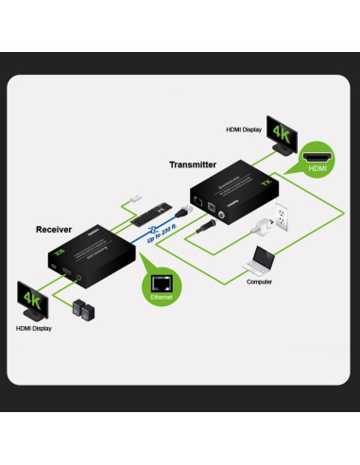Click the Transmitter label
(x=193, y=164)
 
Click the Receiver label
(x=54, y=230)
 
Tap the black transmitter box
(x=226, y=195)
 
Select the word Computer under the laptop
(x=260, y=282)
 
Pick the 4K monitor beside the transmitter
(x=282, y=133)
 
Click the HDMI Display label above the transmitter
(x=244, y=129)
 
